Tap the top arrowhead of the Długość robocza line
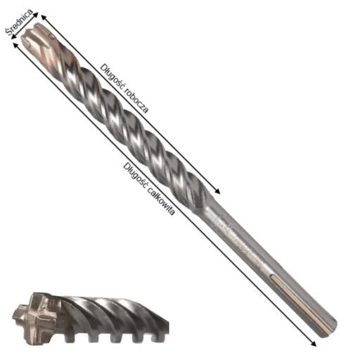pos(44,14)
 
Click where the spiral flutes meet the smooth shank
pos(211,204)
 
